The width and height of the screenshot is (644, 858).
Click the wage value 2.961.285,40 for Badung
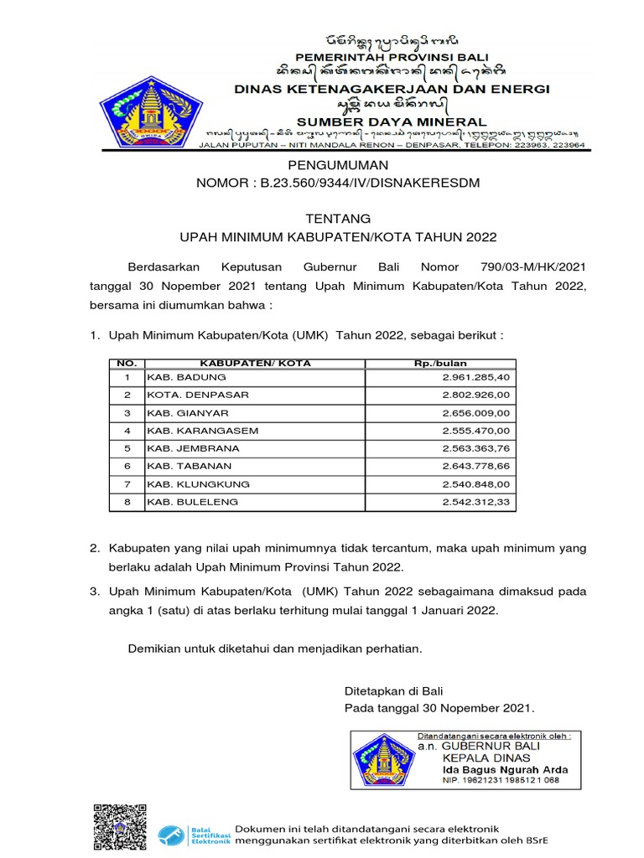475,377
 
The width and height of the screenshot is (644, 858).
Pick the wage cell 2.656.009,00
475,413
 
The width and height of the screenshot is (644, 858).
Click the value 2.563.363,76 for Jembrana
475,448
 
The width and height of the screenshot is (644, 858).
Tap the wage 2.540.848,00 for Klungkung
475,484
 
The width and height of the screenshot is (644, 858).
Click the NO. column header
127,363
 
